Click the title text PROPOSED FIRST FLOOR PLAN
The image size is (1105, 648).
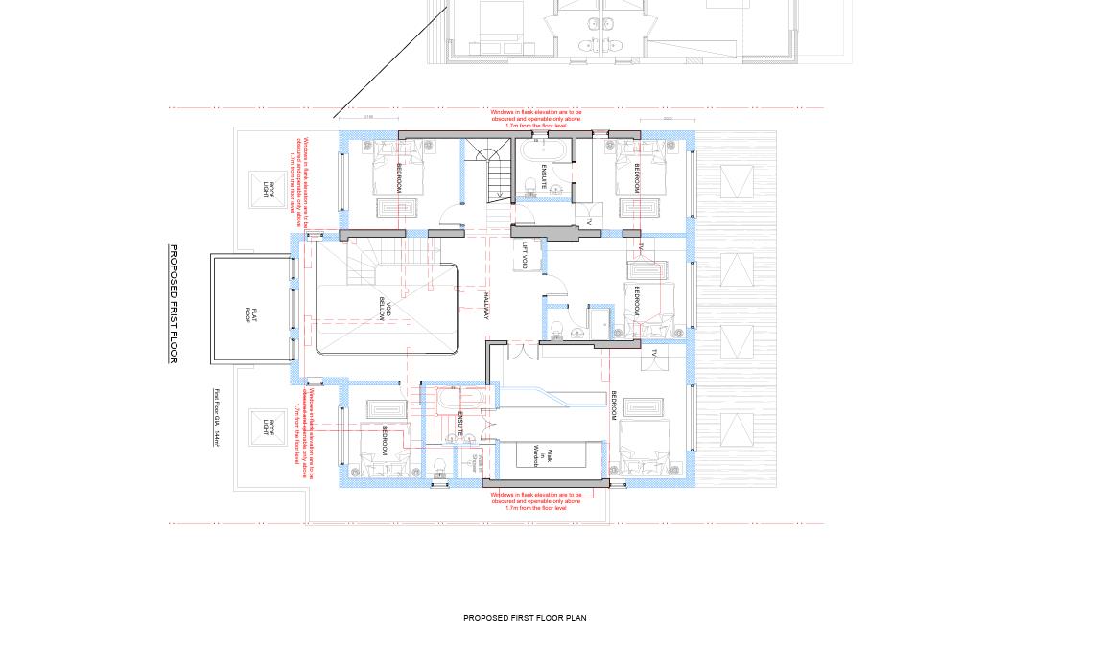pyautogui.click(x=525, y=618)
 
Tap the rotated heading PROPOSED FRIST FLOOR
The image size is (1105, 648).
pyautogui.click(x=174, y=304)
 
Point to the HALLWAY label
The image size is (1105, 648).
pyautogui.click(x=487, y=307)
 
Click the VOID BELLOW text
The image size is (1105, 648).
pyautogui.click(x=385, y=308)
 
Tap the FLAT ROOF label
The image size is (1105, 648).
pyautogui.click(x=249, y=313)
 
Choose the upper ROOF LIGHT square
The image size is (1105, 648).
pyautogui.click(x=269, y=191)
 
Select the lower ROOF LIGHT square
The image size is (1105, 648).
pyautogui.click(x=270, y=428)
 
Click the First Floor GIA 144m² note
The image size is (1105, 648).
pyautogui.click(x=218, y=417)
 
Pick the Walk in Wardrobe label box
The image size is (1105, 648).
pyautogui.click(x=539, y=454)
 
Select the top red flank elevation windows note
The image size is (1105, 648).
pyautogui.click(x=536, y=119)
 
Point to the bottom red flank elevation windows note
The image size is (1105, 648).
pyautogui.click(x=536, y=501)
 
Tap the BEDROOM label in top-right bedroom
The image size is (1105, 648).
pyautogui.click(x=636, y=177)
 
